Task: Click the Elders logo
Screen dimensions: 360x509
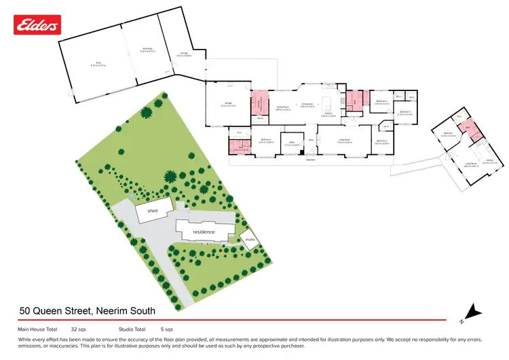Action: click(37, 25)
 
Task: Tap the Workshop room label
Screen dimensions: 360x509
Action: click(147, 49)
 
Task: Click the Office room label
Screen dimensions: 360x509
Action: click(293, 143)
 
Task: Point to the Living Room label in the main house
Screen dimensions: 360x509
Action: click(344, 141)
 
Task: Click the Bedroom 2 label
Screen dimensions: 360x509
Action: click(381, 142)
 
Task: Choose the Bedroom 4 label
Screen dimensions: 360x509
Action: click(381, 102)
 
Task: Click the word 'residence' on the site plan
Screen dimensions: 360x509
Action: click(204, 232)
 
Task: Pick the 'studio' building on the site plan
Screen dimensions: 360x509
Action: click(250, 240)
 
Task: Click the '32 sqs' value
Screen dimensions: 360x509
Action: click(78, 329)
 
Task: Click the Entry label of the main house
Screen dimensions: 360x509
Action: click(311, 141)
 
